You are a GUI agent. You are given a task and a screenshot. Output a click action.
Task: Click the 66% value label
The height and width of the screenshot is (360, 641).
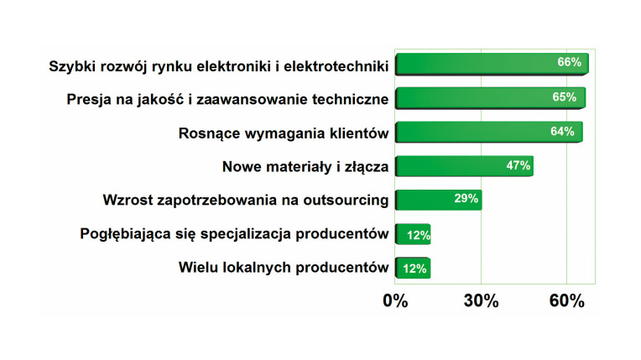pyautogui.click(x=569, y=62)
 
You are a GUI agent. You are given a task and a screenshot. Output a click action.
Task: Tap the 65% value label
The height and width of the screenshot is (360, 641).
pyautogui.click(x=564, y=97)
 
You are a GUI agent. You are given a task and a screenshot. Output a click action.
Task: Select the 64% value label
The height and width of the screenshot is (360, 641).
pyautogui.click(x=562, y=131)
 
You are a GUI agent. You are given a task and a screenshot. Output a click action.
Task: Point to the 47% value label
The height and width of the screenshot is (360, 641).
pyautogui.click(x=519, y=165)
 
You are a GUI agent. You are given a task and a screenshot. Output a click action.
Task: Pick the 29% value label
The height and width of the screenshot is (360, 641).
pyautogui.click(x=466, y=198)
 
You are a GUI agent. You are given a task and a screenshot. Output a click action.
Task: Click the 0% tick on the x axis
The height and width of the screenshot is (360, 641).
pyautogui.click(x=395, y=301)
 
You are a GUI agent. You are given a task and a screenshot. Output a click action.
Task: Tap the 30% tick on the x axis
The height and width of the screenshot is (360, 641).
pyautogui.click(x=481, y=301)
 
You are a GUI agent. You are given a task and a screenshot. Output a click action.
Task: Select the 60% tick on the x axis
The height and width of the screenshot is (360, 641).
pyautogui.click(x=566, y=301)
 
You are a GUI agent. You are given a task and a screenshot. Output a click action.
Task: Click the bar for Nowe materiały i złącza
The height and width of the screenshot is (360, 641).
pyautogui.click(x=465, y=166)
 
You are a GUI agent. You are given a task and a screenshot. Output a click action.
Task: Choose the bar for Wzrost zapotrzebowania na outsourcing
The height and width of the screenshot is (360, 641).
pyautogui.click(x=439, y=200)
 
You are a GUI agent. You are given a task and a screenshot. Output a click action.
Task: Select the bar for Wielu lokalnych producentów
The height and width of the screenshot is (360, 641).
pyautogui.click(x=413, y=268)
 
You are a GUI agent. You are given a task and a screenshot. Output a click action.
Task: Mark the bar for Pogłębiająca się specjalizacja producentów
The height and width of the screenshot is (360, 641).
pyautogui.click(x=413, y=234)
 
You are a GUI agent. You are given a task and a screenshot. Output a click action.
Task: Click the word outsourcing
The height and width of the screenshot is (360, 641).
pyautogui.click(x=346, y=201)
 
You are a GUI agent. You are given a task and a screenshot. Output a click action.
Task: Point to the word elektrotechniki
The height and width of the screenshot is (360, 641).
pyautogui.click(x=336, y=65)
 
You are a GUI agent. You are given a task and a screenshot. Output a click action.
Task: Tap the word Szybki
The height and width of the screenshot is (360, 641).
pyautogui.click(x=70, y=66)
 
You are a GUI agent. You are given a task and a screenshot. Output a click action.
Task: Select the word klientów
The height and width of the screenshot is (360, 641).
pyautogui.click(x=359, y=133)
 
